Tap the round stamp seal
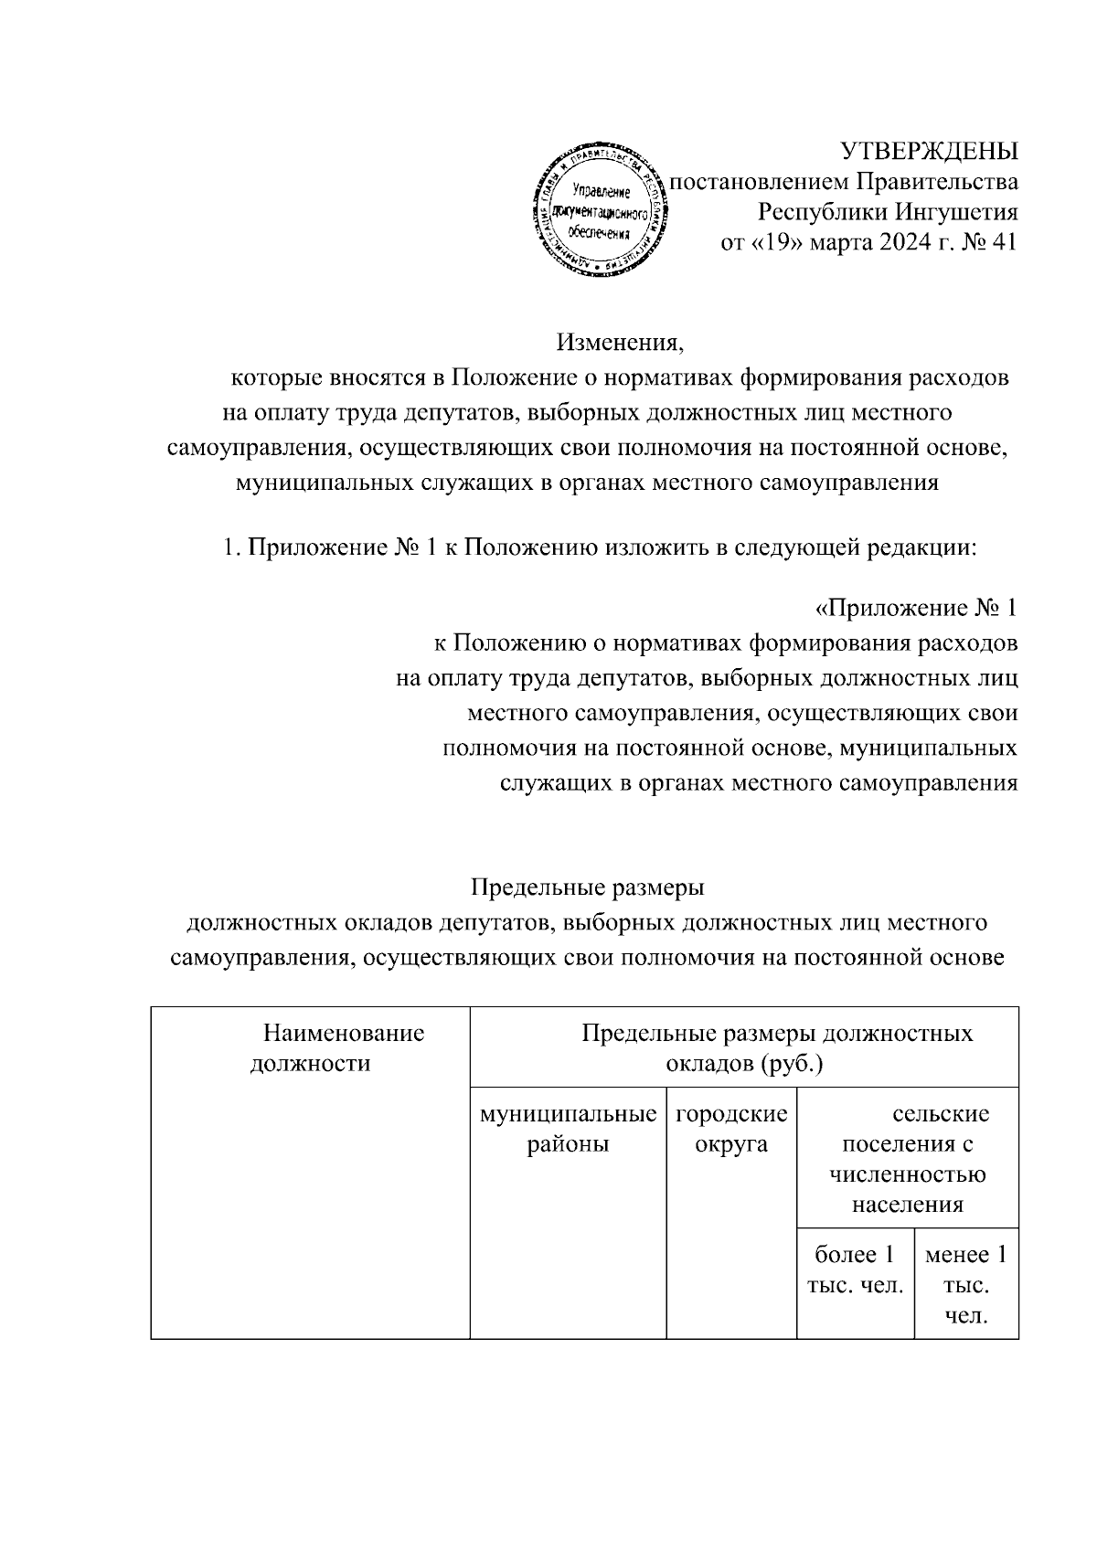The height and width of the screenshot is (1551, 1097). coord(600,211)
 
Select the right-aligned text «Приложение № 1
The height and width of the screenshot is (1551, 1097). coord(915,608)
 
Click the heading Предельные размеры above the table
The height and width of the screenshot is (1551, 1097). coord(587,887)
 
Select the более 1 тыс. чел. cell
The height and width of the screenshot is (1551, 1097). coord(855,1270)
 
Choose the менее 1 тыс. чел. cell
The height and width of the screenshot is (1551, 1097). coord(965,1285)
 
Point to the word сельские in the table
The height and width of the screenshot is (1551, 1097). coord(941,1114)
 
